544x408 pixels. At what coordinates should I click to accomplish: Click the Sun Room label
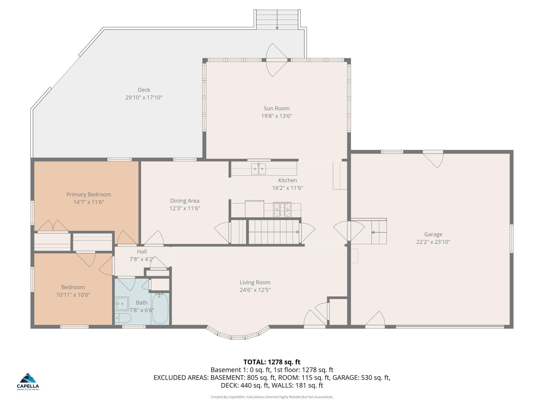point(276,108)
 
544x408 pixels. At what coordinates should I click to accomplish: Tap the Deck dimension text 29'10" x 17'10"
point(144,98)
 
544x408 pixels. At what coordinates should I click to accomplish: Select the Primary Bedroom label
point(89,194)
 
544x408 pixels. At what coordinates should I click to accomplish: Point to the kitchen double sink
point(258,169)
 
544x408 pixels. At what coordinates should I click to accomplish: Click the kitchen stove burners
point(282,209)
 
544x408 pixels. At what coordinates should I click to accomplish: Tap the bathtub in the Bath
point(160,308)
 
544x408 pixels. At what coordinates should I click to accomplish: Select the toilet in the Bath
point(123,318)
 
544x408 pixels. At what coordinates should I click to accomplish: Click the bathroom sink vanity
point(122,304)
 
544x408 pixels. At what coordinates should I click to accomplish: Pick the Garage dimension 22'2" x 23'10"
point(433,242)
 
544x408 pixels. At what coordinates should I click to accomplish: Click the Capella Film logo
point(28,381)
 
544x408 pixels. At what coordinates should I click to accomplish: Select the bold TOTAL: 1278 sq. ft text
point(272,362)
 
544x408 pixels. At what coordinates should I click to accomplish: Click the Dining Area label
point(185,201)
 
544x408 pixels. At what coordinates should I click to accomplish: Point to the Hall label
point(142,252)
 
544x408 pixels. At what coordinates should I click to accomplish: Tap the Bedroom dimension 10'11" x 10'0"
point(73,295)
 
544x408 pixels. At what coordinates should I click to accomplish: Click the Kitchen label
point(287,180)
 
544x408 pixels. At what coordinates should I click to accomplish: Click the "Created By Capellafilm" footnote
point(272,397)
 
